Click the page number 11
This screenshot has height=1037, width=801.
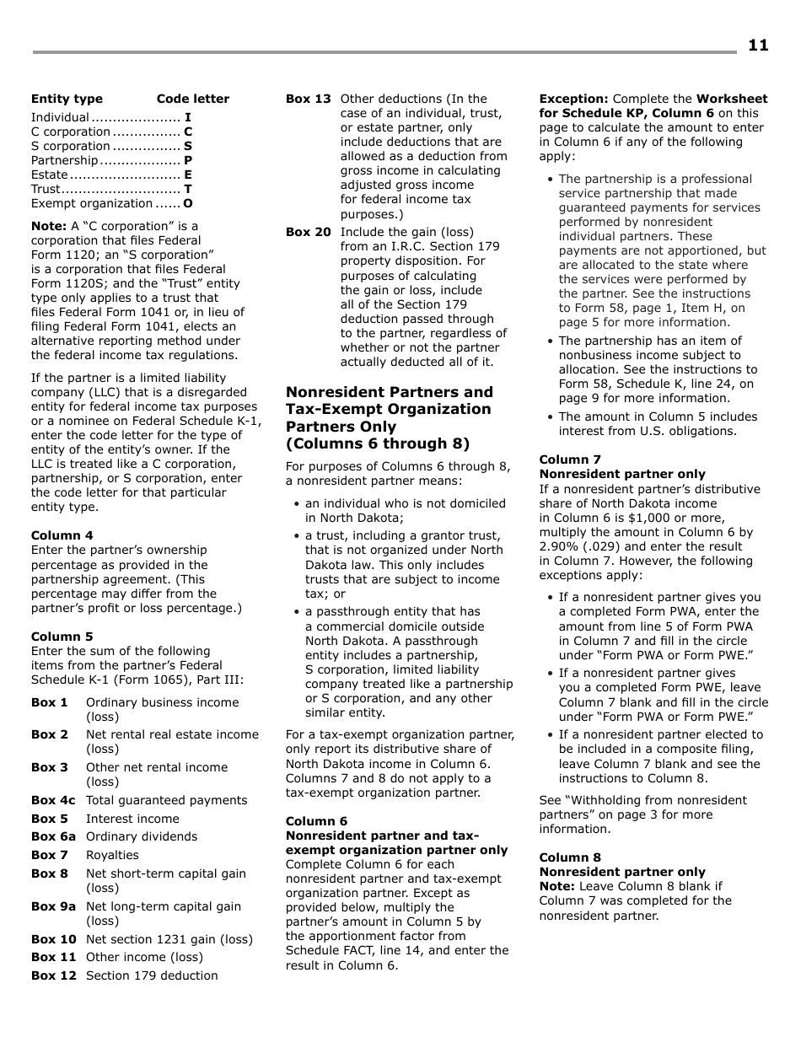[757, 46]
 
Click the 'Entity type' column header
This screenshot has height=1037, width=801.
[67, 99]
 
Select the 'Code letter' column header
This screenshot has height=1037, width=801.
[192, 99]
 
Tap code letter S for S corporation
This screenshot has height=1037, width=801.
[188, 146]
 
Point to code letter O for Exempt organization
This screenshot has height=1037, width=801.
[188, 203]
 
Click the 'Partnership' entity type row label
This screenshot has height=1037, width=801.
[64, 160]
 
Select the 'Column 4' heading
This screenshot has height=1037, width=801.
[62, 535]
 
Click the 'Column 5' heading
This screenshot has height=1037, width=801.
[62, 637]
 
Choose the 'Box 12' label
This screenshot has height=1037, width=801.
[53, 975]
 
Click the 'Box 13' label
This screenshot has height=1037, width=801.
[308, 99]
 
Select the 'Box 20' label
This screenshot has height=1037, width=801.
[308, 232]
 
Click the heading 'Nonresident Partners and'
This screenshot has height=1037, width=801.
[389, 392]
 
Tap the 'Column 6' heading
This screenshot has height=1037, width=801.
[316, 821]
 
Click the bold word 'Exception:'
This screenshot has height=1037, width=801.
[573, 99]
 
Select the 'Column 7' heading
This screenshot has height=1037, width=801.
[570, 459]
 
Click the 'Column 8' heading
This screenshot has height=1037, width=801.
[570, 857]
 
